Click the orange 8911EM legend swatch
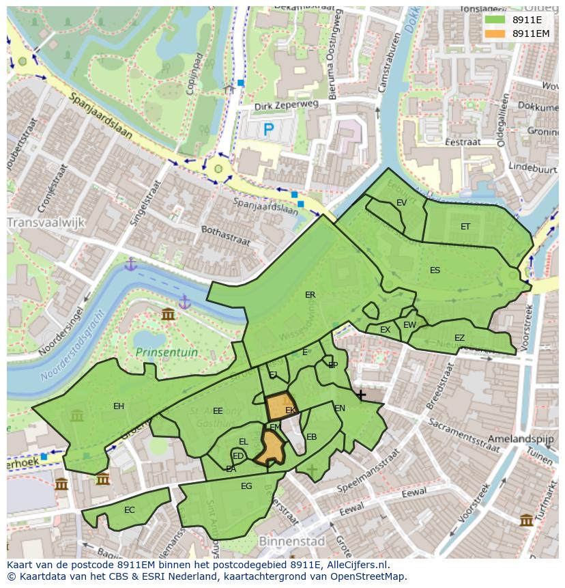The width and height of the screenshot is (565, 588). tap(495, 33)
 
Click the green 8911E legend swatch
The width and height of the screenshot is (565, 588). tap(495, 20)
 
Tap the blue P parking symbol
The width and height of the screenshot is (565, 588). tap(268, 128)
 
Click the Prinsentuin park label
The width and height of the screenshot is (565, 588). tap(166, 352)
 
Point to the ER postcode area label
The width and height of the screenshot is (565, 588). tap(310, 295)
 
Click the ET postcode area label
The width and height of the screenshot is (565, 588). tap(465, 227)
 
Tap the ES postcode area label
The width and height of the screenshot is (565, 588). tap(435, 270)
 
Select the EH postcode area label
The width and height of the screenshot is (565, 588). tap(119, 406)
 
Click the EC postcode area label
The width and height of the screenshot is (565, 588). tap(130, 510)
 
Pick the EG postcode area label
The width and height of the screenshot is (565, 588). tap(246, 486)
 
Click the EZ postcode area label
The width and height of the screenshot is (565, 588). tap(459, 338)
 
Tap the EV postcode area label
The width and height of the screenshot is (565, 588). tap(401, 203)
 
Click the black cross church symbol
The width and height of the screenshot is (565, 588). tap(360, 395)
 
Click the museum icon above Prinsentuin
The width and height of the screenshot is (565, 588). tap(168, 314)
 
